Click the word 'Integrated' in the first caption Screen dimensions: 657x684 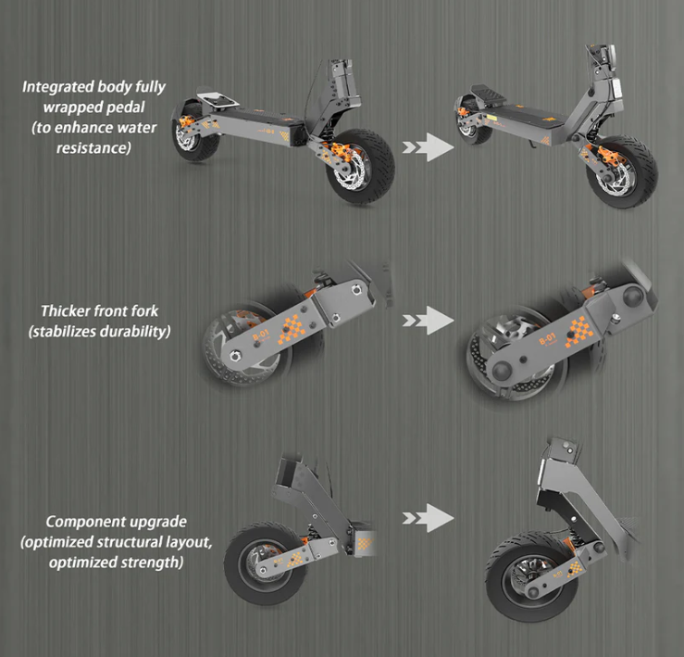point(54,87)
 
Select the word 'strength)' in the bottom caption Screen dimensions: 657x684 point(152,562)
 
